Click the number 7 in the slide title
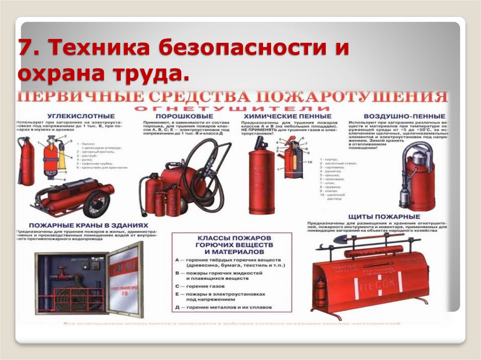(25, 49)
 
